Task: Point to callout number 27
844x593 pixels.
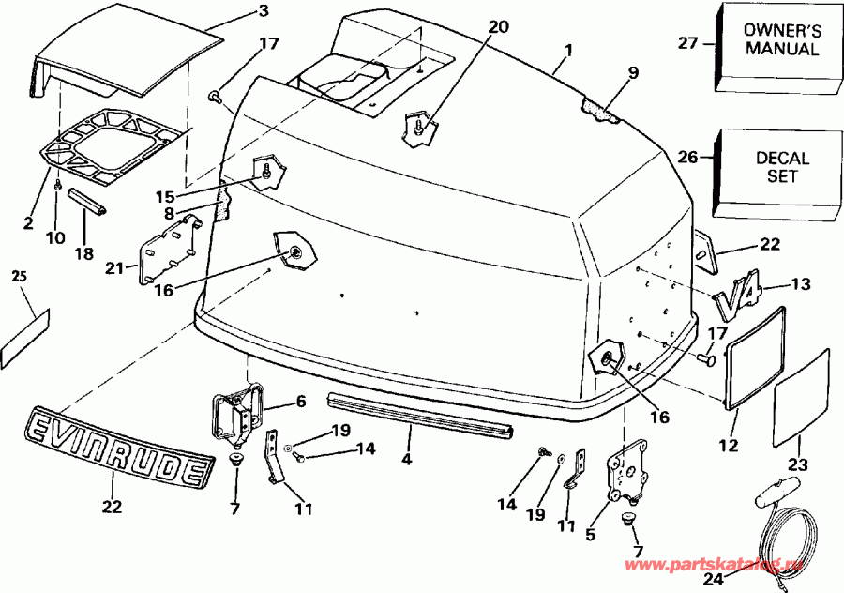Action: tap(687, 41)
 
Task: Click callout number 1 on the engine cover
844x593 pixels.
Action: tap(570, 48)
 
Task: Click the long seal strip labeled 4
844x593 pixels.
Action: tap(420, 413)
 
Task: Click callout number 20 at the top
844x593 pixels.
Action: tap(499, 27)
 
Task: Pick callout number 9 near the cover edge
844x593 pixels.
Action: tap(633, 72)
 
